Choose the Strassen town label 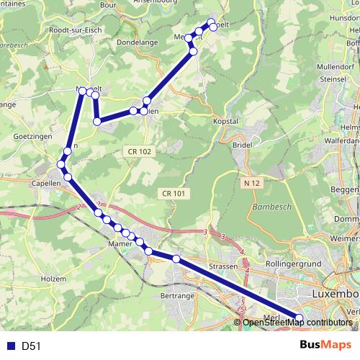coord(224,267)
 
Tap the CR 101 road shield coord(174,193)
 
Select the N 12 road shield coord(251,184)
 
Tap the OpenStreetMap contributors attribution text coord(297,323)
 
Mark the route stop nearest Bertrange coord(176,258)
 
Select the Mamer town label coord(120,244)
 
